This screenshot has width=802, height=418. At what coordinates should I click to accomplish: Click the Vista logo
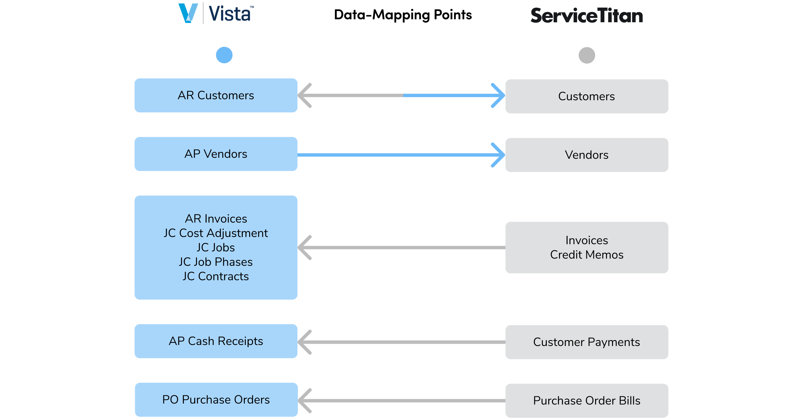tap(216, 13)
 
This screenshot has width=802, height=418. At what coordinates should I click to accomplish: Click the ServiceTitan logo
tap(586, 16)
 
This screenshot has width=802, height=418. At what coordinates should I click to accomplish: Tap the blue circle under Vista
tap(224, 55)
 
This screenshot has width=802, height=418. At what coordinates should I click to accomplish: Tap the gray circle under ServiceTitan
tap(587, 55)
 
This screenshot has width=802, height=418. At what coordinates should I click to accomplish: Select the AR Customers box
tap(216, 95)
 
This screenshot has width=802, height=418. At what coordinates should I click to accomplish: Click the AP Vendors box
tap(216, 154)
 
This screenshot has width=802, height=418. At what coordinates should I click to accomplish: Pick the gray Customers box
tap(587, 96)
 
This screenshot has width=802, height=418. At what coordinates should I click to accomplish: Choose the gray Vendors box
tap(587, 155)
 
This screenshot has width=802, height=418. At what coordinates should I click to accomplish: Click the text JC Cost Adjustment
tap(216, 233)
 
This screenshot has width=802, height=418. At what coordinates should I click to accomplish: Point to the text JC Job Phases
tap(216, 262)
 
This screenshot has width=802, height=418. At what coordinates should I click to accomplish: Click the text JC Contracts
tap(216, 276)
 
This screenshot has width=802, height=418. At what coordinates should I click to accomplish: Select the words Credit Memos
tap(587, 254)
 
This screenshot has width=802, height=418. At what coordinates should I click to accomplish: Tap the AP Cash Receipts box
tap(216, 341)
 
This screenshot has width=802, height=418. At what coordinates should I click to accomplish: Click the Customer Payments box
tap(587, 342)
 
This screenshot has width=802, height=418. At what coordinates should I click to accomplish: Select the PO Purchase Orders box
tap(216, 400)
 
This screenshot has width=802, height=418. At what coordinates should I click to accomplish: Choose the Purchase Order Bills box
tap(587, 400)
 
